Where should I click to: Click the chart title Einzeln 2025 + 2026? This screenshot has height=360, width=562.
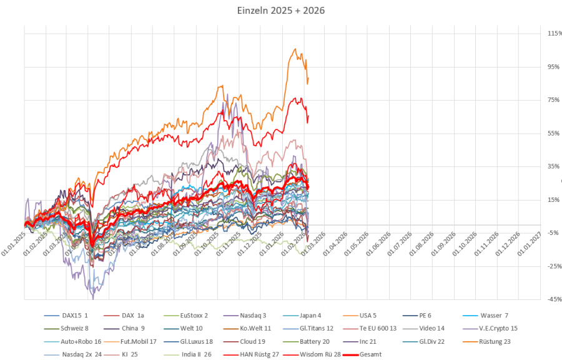point(281,11)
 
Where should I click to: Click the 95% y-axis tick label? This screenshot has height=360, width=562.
point(554,66)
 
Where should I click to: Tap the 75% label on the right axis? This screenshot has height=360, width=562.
point(554,100)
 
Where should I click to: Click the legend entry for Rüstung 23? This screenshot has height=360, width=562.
point(493,341)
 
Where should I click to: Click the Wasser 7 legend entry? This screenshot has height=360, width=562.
point(494,315)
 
